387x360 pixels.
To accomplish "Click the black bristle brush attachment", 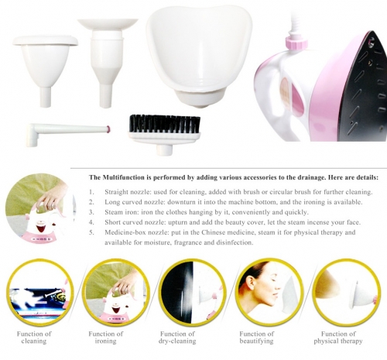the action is [x=165, y=130].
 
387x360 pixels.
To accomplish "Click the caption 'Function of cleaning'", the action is [x=34, y=338].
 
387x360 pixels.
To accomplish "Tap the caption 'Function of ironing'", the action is [x=105, y=338].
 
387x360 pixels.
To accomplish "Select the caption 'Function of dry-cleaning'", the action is [x=177, y=338].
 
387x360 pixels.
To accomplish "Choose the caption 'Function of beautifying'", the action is [x=256, y=338].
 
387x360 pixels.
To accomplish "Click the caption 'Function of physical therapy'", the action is [x=338, y=338].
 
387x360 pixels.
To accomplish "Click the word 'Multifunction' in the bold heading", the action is [x=122, y=177].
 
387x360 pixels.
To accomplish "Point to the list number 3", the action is [x=91, y=212].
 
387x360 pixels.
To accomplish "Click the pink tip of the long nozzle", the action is [x=109, y=129].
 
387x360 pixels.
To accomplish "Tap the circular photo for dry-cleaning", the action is [x=191, y=293].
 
